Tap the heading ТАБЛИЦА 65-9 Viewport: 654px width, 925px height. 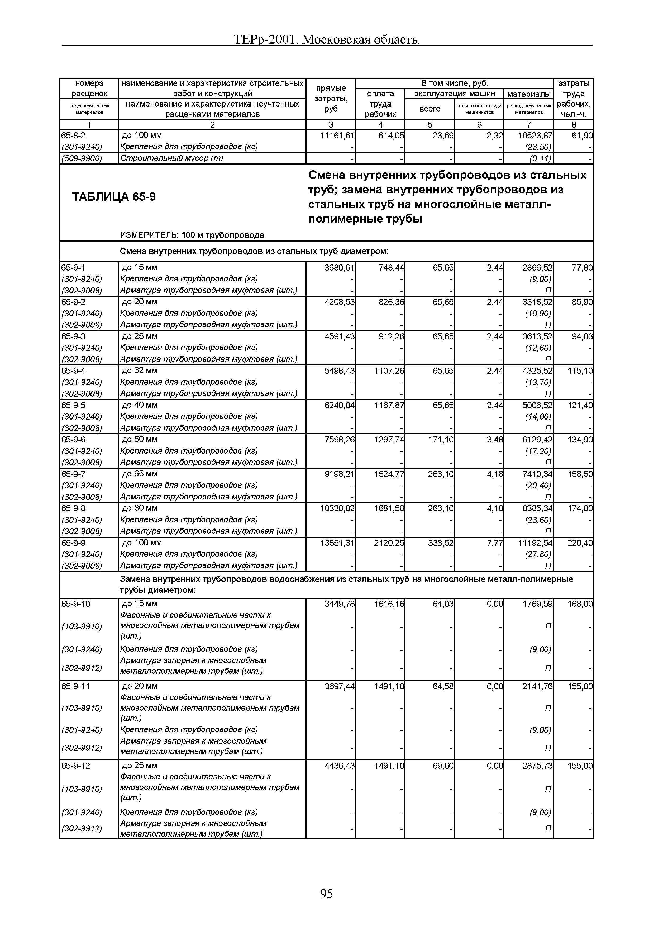[114, 197]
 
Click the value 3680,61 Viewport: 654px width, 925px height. [339, 268]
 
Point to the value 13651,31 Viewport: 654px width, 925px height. [337, 543]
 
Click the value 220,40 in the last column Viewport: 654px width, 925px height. [580, 543]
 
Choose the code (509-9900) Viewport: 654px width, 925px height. [82, 158]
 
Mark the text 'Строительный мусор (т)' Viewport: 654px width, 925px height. [172, 158]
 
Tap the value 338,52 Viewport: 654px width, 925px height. [440, 543]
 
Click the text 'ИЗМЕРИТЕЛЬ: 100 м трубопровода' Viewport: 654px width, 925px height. [192, 235]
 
